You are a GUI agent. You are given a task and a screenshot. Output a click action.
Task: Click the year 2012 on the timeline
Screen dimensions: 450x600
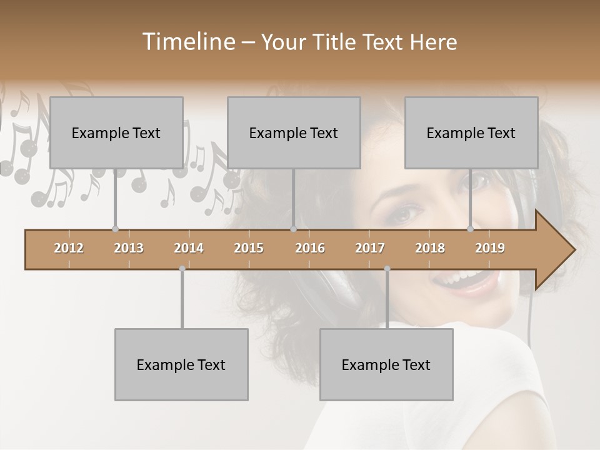click(69, 248)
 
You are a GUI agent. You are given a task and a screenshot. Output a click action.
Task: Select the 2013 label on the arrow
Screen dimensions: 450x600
click(129, 248)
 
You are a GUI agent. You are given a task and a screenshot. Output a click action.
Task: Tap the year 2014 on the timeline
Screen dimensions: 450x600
click(189, 248)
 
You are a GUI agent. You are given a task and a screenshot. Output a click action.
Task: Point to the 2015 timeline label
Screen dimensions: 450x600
click(249, 248)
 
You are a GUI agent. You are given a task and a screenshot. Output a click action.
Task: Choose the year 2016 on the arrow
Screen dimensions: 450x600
click(310, 248)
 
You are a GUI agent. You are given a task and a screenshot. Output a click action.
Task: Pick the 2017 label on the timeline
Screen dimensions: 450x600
click(370, 248)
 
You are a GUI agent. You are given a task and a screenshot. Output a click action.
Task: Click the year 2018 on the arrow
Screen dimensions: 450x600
click(430, 248)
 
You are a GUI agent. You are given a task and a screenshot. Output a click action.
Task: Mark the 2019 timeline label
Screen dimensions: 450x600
click(490, 248)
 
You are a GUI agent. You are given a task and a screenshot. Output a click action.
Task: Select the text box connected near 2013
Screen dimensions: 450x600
click(116, 132)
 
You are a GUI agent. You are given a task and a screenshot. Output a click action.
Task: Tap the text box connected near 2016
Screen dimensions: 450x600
click(294, 132)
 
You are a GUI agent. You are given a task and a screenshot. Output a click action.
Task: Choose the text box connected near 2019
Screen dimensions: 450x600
click(471, 132)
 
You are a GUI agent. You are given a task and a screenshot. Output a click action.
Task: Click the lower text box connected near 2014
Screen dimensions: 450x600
click(181, 364)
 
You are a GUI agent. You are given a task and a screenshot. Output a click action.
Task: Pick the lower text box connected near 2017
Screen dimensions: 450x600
click(386, 364)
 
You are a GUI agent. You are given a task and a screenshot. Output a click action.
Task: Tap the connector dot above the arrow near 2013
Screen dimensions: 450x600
click(115, 229)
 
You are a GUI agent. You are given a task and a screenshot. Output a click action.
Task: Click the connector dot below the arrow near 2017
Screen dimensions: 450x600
click(387, 269)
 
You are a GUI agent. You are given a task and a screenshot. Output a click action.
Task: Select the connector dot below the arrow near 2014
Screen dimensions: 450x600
click(182, 269)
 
